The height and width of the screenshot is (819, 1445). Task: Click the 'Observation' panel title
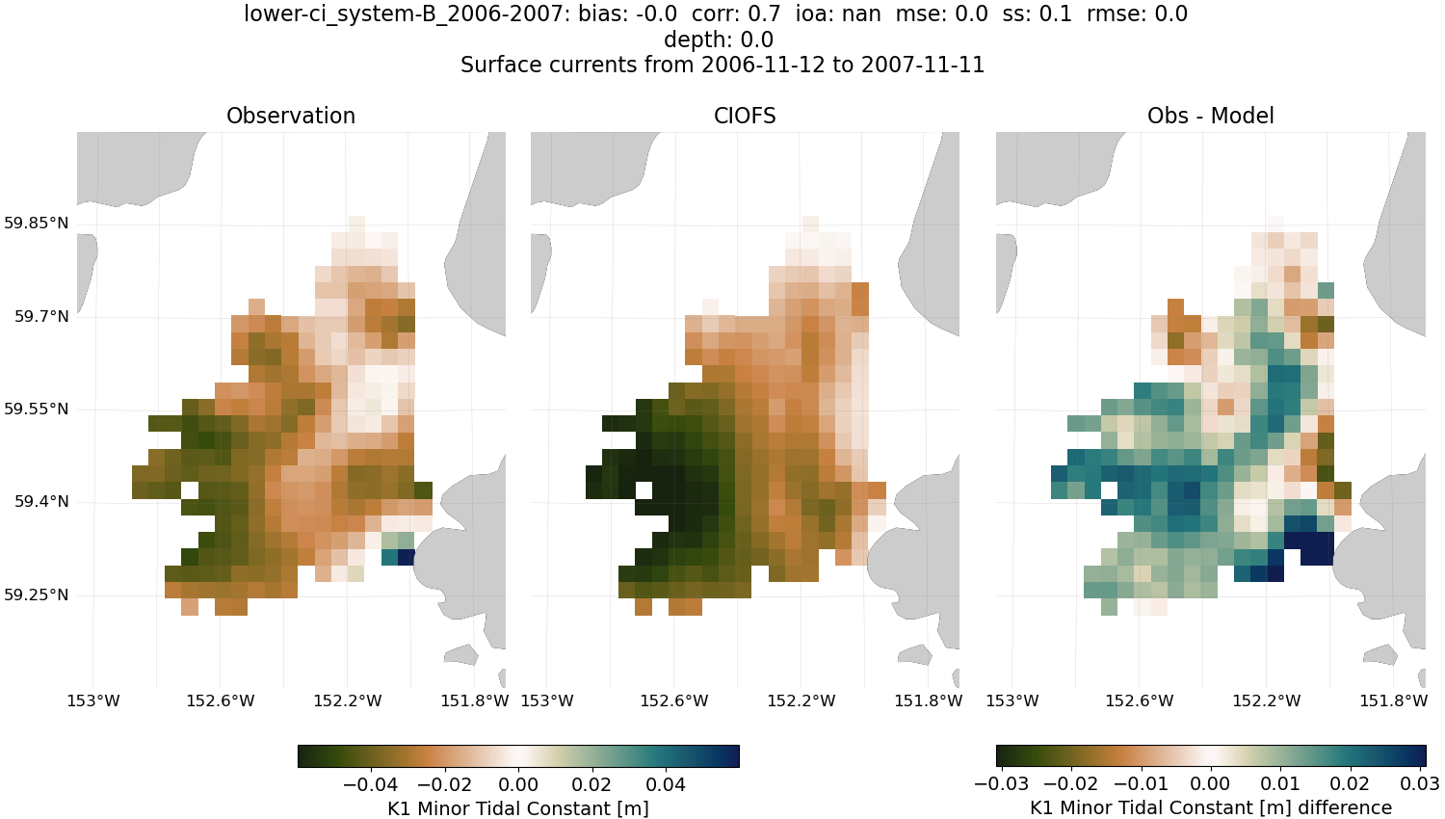[x=290, y=116]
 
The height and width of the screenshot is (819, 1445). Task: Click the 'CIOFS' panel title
[x=745, y=116]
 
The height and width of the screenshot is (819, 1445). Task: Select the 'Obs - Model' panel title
[x=1210, y=116]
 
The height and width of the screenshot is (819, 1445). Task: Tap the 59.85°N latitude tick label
[x=37, y=224]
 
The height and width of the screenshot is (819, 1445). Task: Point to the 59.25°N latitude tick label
[x=37, y=594]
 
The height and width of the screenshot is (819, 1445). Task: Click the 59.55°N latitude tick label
[x=37, y=409]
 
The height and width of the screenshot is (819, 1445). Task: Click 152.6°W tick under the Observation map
[x=221, y=700]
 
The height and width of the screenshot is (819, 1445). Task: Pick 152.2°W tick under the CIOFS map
[x=801, y=700]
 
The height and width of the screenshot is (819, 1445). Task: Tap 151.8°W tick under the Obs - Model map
[x=1393, y=700]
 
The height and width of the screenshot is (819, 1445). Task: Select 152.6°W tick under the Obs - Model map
[x=1140, y=700]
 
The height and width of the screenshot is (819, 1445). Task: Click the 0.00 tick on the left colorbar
[x=518, y=784]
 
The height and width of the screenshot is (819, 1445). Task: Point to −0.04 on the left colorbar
[x=370, y=784]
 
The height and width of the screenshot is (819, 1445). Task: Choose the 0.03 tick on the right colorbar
[x=1419, y=784]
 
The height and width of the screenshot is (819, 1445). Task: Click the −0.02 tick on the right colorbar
[x=1071, y=784]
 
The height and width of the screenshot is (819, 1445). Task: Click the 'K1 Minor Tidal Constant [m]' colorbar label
[x=517, y=808]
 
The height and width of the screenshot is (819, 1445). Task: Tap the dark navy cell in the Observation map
[x=406, y=557]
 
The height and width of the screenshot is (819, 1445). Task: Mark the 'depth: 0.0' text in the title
[x=718, y=40]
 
